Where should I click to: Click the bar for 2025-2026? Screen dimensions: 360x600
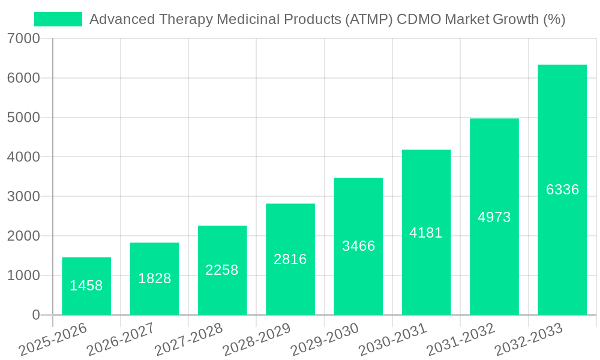pyautogui.click(x=86, y=286)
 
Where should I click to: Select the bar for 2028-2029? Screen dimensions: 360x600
pyautogui.click(x=290, y=259)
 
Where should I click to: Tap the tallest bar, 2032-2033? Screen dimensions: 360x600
pyautogui.click(x=562, y=190)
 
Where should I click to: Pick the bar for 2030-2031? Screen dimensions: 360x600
pyautogui.click(x=426, y=232)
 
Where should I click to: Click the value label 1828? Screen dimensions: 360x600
pyautogui.click(x=155, y=278)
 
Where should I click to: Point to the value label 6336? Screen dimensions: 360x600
pyautogui.click(x=562, y=190)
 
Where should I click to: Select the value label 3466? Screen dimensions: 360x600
pyautogui.click(x=358, y=246)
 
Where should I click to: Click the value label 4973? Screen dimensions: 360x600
pyautogui.click(x=494, y=217)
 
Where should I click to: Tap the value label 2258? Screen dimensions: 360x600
pyautogui.click(x=222, y=271)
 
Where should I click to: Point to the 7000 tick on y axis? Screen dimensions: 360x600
pyautogui.click(x=25, y=39)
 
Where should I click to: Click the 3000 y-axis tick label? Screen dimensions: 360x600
pyautogui.click(x=25, y=197)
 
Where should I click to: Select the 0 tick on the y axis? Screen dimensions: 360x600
pyautogui.click(x=36, y=315)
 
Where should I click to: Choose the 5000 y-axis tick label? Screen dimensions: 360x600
pyautogui.click(x=25, y=118)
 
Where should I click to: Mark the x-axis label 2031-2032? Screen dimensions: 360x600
pyautogui.click(x=461, y=339)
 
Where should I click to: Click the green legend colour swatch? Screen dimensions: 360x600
pyautogui.click(x=58, y=19)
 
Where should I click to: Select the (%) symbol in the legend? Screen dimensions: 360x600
pyautogui.click(x=554, y=19)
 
